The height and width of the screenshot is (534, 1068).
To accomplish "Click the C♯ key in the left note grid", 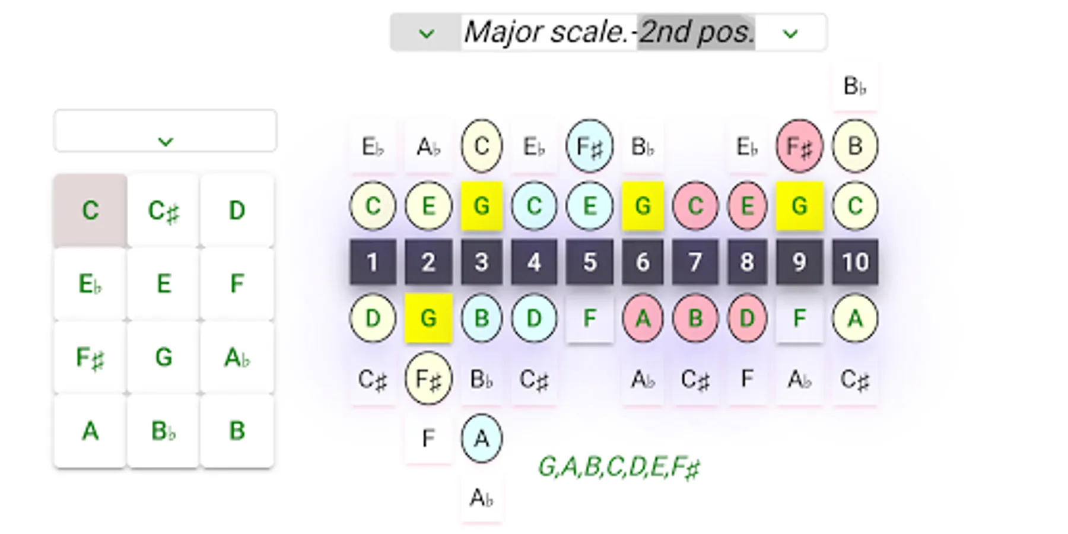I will click(163, 211).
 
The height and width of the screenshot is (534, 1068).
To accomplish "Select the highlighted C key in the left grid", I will click(90, 211).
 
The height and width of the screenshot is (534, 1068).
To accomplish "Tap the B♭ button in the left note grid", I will click(163, 431).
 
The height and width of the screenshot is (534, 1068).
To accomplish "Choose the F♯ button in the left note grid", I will click(90, 358).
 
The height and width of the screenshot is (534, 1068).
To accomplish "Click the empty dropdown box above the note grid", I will click(165, 131).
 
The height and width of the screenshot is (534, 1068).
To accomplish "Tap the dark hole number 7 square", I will click(695, 262).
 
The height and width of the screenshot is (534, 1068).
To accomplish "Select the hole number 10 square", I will click(854, 262).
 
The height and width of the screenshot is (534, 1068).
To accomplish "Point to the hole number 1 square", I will click(372, 262).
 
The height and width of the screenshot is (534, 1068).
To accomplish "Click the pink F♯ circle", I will click(799, 146).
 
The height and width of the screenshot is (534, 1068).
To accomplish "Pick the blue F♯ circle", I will click(589, 146).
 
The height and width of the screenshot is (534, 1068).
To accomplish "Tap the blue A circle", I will click(481, 438).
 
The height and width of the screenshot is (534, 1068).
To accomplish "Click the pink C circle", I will click(695, 206).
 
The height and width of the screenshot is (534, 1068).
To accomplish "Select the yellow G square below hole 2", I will click(428, 318).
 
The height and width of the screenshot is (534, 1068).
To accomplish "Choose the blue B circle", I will click(481, 318).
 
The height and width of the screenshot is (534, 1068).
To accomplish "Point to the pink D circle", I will click(746, 318).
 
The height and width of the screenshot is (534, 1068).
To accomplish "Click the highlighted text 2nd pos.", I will click(696, 32).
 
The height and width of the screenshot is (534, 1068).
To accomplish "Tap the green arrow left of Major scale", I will click(426, 34).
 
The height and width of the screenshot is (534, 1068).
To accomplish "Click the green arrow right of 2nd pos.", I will click(790, 34).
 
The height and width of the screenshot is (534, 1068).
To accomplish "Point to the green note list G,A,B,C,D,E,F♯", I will click(619, 468).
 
